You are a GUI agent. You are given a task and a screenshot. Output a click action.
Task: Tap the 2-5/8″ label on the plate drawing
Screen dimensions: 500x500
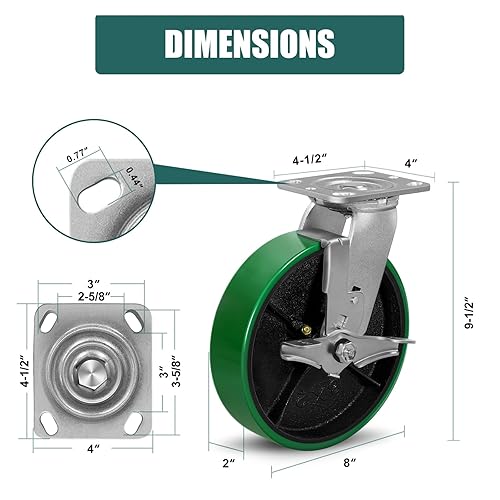coord(93,295)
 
